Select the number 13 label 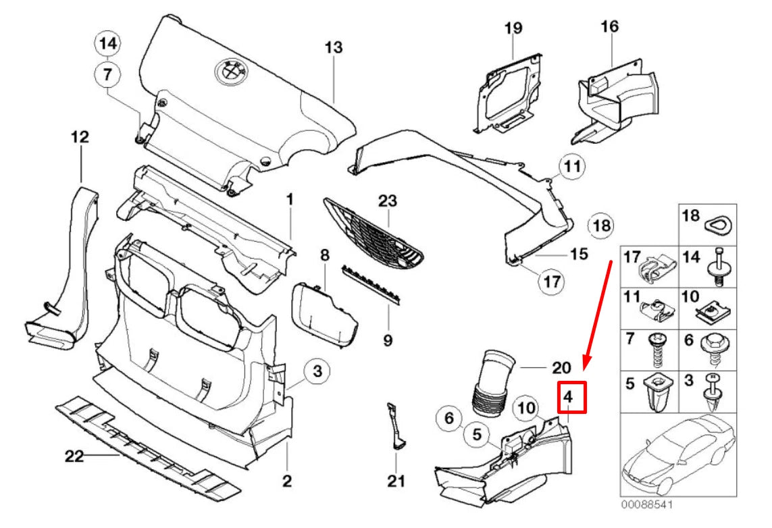pyautogui.click(x=334, y=48)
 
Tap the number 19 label pyautogui.click(x=513, y=28)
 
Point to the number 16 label pyautogui.click(x=609, y=27)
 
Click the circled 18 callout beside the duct pyautogui.click(x=600, y=225)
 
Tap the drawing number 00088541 pyautogui.click(x=646, y=504)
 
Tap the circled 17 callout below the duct pyautogui.click(x=552, y=282)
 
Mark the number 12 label pyautogui.click(x=80, y=138)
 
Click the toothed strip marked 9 pyautogui.click(x=370, y=282)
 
